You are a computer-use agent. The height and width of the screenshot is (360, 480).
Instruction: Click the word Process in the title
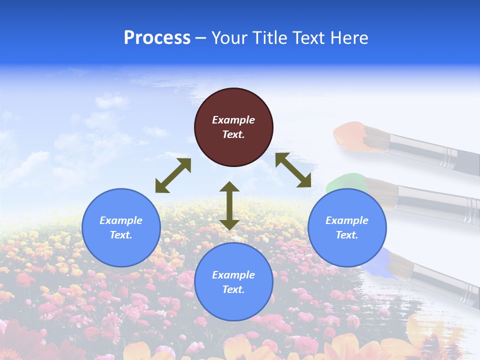[x=157, y=38]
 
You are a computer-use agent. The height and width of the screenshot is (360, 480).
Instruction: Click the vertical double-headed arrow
[x=229, y=205]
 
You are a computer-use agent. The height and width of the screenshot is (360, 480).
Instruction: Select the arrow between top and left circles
[x=173, y=175]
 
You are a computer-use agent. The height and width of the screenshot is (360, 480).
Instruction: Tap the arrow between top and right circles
[x=293, y=170]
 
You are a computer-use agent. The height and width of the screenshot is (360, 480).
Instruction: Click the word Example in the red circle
[x=233, y=120]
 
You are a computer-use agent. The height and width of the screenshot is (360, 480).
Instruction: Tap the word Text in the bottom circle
[x=232, y=289]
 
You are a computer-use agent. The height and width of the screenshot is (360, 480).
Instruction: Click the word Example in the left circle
[x=121, y=220]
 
